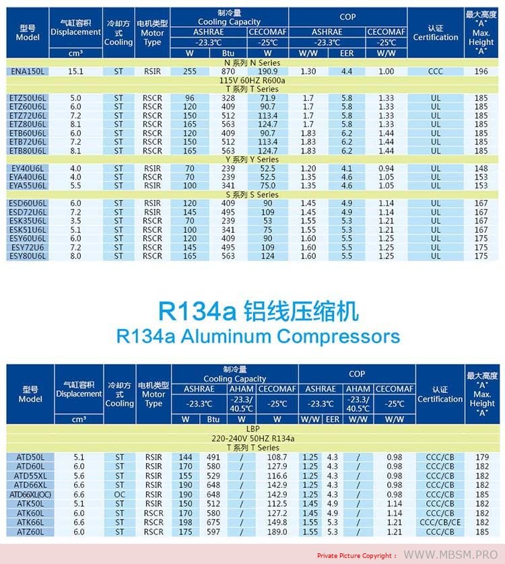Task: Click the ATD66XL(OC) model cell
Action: [30, 495]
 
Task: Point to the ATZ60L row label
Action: [30, 532]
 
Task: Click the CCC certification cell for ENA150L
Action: [435, 71]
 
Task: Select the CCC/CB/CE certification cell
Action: [440, 522]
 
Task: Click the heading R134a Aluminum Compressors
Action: [258, 336]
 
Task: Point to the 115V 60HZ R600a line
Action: [252, 80]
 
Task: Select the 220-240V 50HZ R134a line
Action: [252, 438]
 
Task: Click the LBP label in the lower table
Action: [252, 429]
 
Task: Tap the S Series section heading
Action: [252, 195]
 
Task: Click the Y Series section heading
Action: [252, 160]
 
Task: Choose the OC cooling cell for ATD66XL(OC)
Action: [119, 495]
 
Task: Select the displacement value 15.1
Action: [76, 71]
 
